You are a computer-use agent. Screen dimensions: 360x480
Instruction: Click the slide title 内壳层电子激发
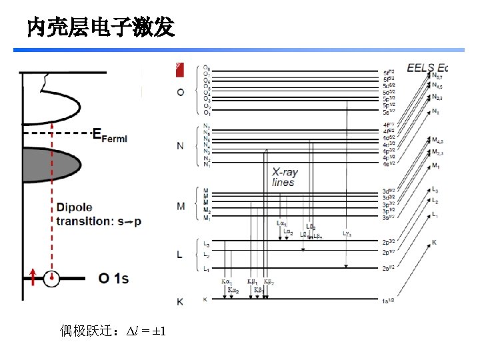tap(101, 27)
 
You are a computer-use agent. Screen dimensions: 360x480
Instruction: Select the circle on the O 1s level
tap(51, 278)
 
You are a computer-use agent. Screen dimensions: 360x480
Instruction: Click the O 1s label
tap(113, 278)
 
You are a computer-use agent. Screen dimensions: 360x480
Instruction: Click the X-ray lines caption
tap(285, 177)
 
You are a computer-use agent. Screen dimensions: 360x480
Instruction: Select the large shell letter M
tap(181, 207)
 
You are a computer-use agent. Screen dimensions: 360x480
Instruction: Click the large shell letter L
tap(181, 255)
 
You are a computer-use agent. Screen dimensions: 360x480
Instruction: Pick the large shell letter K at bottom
tap(180, 302)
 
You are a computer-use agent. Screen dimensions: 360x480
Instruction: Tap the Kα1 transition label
tap(227, 281)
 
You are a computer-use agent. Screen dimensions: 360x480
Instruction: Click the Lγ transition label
tap(347, 233)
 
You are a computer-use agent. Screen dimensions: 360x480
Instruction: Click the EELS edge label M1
tap(436, 165)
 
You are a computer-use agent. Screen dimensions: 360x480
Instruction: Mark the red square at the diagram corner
tap(179, 67)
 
